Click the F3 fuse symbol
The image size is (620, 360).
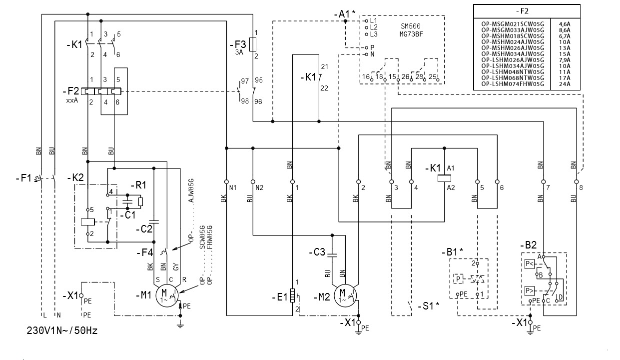point(252,44)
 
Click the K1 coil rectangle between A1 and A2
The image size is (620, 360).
point(444,178)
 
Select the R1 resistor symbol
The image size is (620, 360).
point(140,201)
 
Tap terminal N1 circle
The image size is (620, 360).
point(226,181)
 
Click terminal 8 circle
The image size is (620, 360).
point(576,181)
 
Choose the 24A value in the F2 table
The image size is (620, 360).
point(565,84)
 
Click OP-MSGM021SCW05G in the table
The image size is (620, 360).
point(513,24)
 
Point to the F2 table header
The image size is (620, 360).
point(527,11)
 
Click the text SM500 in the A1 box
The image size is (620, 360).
point(411,26)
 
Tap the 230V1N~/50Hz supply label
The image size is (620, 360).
point(62,330)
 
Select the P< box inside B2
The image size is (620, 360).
point(529,263)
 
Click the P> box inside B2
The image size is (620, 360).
point(529,291)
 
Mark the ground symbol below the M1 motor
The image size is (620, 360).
point(180,325)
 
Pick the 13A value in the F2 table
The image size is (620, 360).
point(565,48)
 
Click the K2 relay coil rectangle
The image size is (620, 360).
point(88,222)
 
